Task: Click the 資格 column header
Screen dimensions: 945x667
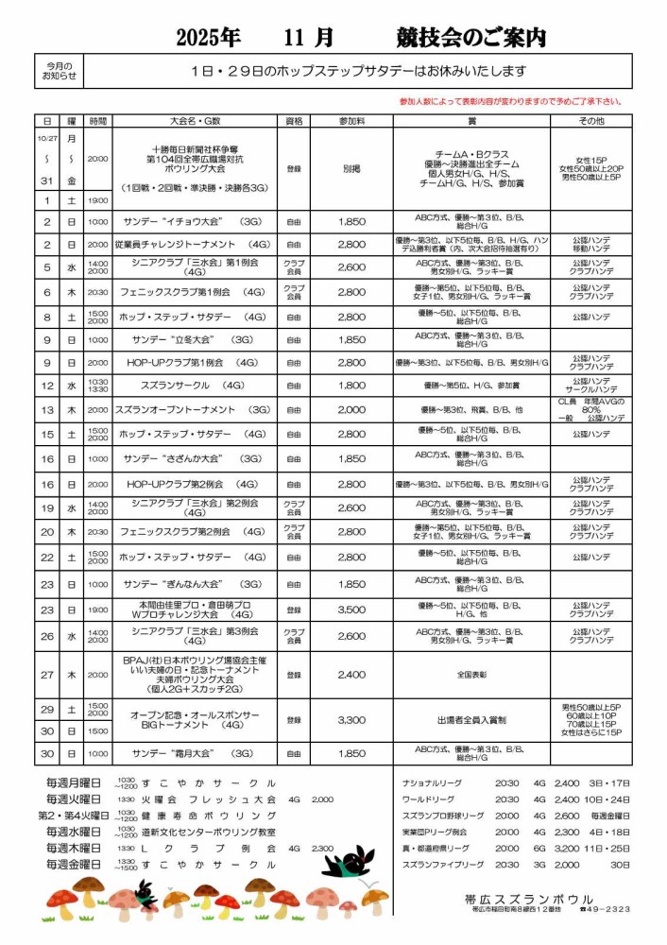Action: click(294, 122)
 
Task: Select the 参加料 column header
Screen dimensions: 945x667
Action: click(351, 122)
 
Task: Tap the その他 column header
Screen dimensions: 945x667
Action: click(591, 122)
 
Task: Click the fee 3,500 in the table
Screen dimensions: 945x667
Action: click(351, 610)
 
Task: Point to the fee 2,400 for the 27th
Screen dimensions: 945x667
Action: click(351, 675)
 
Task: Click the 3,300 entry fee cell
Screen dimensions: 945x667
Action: click(351, 720)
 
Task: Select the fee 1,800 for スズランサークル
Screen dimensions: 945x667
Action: click(351, 386)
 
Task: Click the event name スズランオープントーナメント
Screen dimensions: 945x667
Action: click(194, 410)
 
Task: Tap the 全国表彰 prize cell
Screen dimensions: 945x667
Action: click(471, 675)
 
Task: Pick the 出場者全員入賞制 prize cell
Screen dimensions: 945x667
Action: click(471, 720)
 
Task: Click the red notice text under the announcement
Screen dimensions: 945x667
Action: click(510, 101)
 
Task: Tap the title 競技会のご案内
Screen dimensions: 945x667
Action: click(471, 38)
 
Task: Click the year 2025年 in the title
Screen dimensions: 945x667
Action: click(208, 38)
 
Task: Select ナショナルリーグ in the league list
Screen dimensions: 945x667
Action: click(431, 783)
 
